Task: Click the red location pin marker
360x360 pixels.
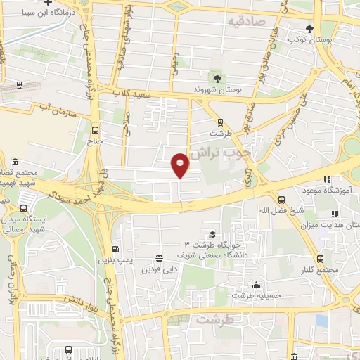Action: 181,164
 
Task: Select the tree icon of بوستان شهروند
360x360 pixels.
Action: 217,79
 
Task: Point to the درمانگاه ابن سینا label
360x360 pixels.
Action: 46,12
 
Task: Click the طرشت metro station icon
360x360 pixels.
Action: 220,121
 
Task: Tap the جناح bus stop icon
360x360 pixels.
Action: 96,129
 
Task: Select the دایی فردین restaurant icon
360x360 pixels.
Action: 160,258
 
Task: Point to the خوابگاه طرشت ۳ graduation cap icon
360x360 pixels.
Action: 212,234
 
